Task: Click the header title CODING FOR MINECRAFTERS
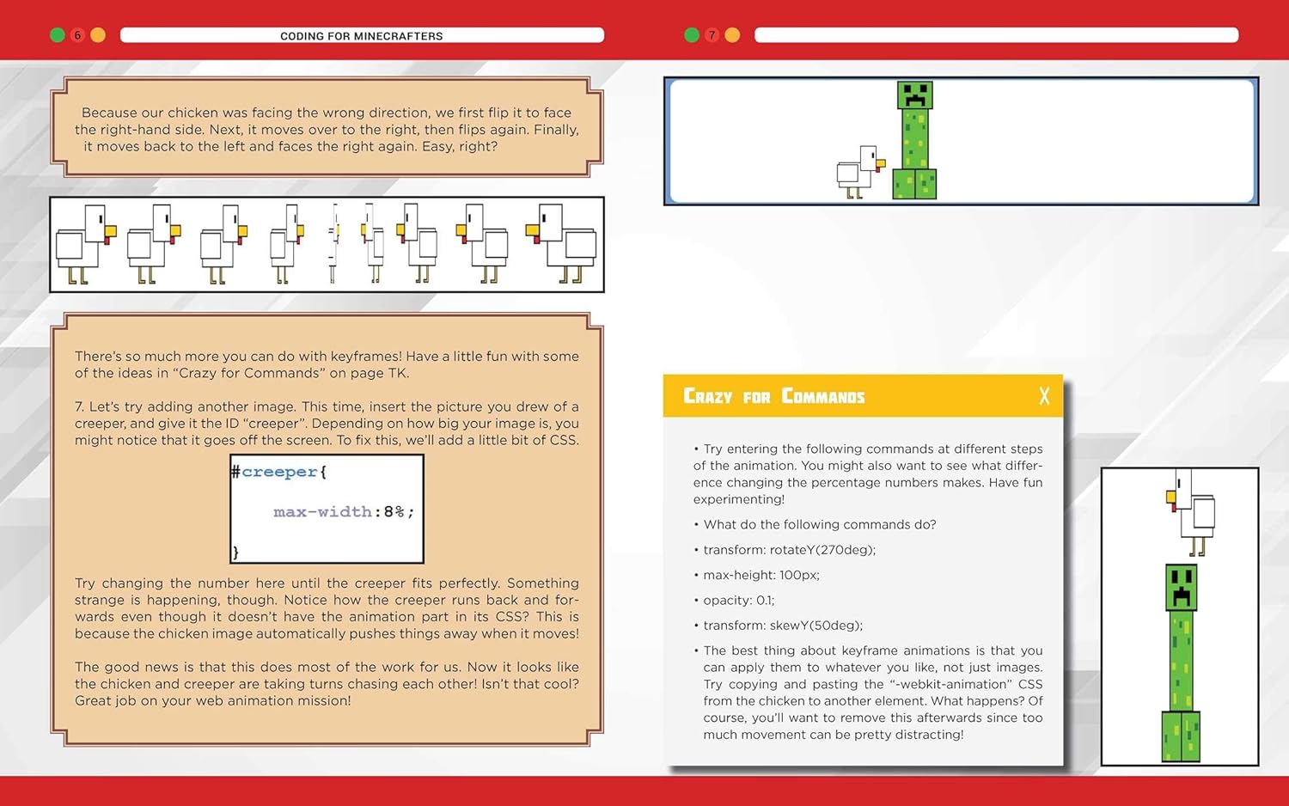pos(362,36)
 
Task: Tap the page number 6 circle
pos(77,35)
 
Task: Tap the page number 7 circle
pos(712,35)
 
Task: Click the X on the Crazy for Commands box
pos(1044,396)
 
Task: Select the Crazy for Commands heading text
pos(773,396)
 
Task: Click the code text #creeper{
pos(279,472)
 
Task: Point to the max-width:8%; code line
pos(344,512)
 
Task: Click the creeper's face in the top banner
pos(914,95)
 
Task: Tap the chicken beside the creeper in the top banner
pos(859,171)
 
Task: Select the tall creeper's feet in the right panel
pos(1181,736)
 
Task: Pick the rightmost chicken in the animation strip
pos(563,244)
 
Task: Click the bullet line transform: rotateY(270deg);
pos(789,550)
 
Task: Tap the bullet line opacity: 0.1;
pos(738,601)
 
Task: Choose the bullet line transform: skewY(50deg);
pos(782,626)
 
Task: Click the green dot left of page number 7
pos(692,35)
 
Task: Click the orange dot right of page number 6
pos(98,35)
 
